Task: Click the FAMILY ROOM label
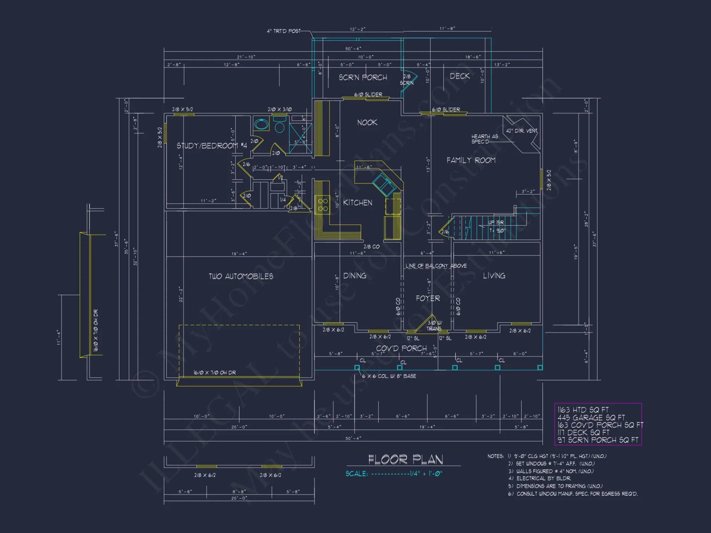[471, 160]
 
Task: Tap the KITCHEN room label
[357, 203]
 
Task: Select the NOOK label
[367, 123]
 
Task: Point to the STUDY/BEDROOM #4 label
[212, 146]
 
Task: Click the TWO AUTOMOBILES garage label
[241, 276]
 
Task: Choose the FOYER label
[428, 298]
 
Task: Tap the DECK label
[459, 76]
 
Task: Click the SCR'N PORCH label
[363, 77]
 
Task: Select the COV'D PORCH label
[401, 348]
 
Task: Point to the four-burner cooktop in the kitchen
[323, 205]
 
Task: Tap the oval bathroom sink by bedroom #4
[261, 124]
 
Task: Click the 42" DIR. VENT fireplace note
[522, 131]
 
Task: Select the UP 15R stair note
[496, 222]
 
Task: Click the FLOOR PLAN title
[405, 459]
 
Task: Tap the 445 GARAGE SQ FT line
[591, 418]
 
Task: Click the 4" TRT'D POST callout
[283, 31]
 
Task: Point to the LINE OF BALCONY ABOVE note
[436, 266]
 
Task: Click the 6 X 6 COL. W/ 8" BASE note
[389, 376]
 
